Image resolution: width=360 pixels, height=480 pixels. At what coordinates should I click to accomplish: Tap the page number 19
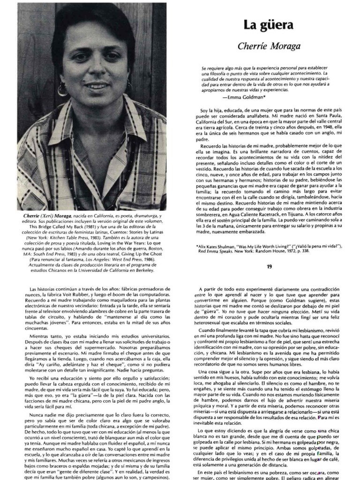coord(269,267)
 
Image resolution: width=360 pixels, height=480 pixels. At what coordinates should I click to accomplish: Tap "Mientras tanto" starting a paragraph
coord(44,337)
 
